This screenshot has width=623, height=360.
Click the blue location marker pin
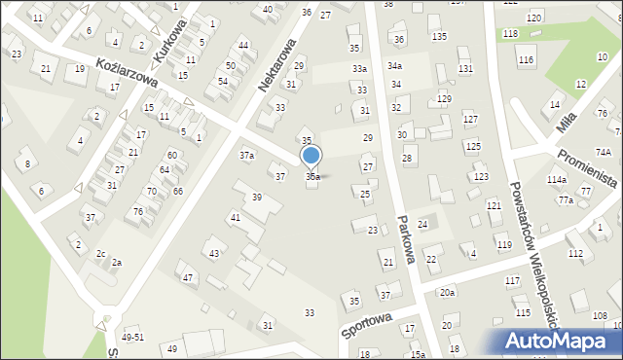coord(311,156)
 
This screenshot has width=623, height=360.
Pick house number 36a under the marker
coord(312,177)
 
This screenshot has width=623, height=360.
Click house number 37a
coord(247,155)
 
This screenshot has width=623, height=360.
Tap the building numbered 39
coord(257,198)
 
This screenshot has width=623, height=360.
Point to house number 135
coord(439,36)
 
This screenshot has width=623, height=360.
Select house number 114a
coord(556,180)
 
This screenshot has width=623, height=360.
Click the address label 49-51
coord(133,337)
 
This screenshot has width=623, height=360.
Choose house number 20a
coord(447,293)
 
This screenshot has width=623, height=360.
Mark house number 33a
coord(359,69)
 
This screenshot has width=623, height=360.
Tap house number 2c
coord(100,254)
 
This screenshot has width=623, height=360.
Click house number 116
coord(526,60)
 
